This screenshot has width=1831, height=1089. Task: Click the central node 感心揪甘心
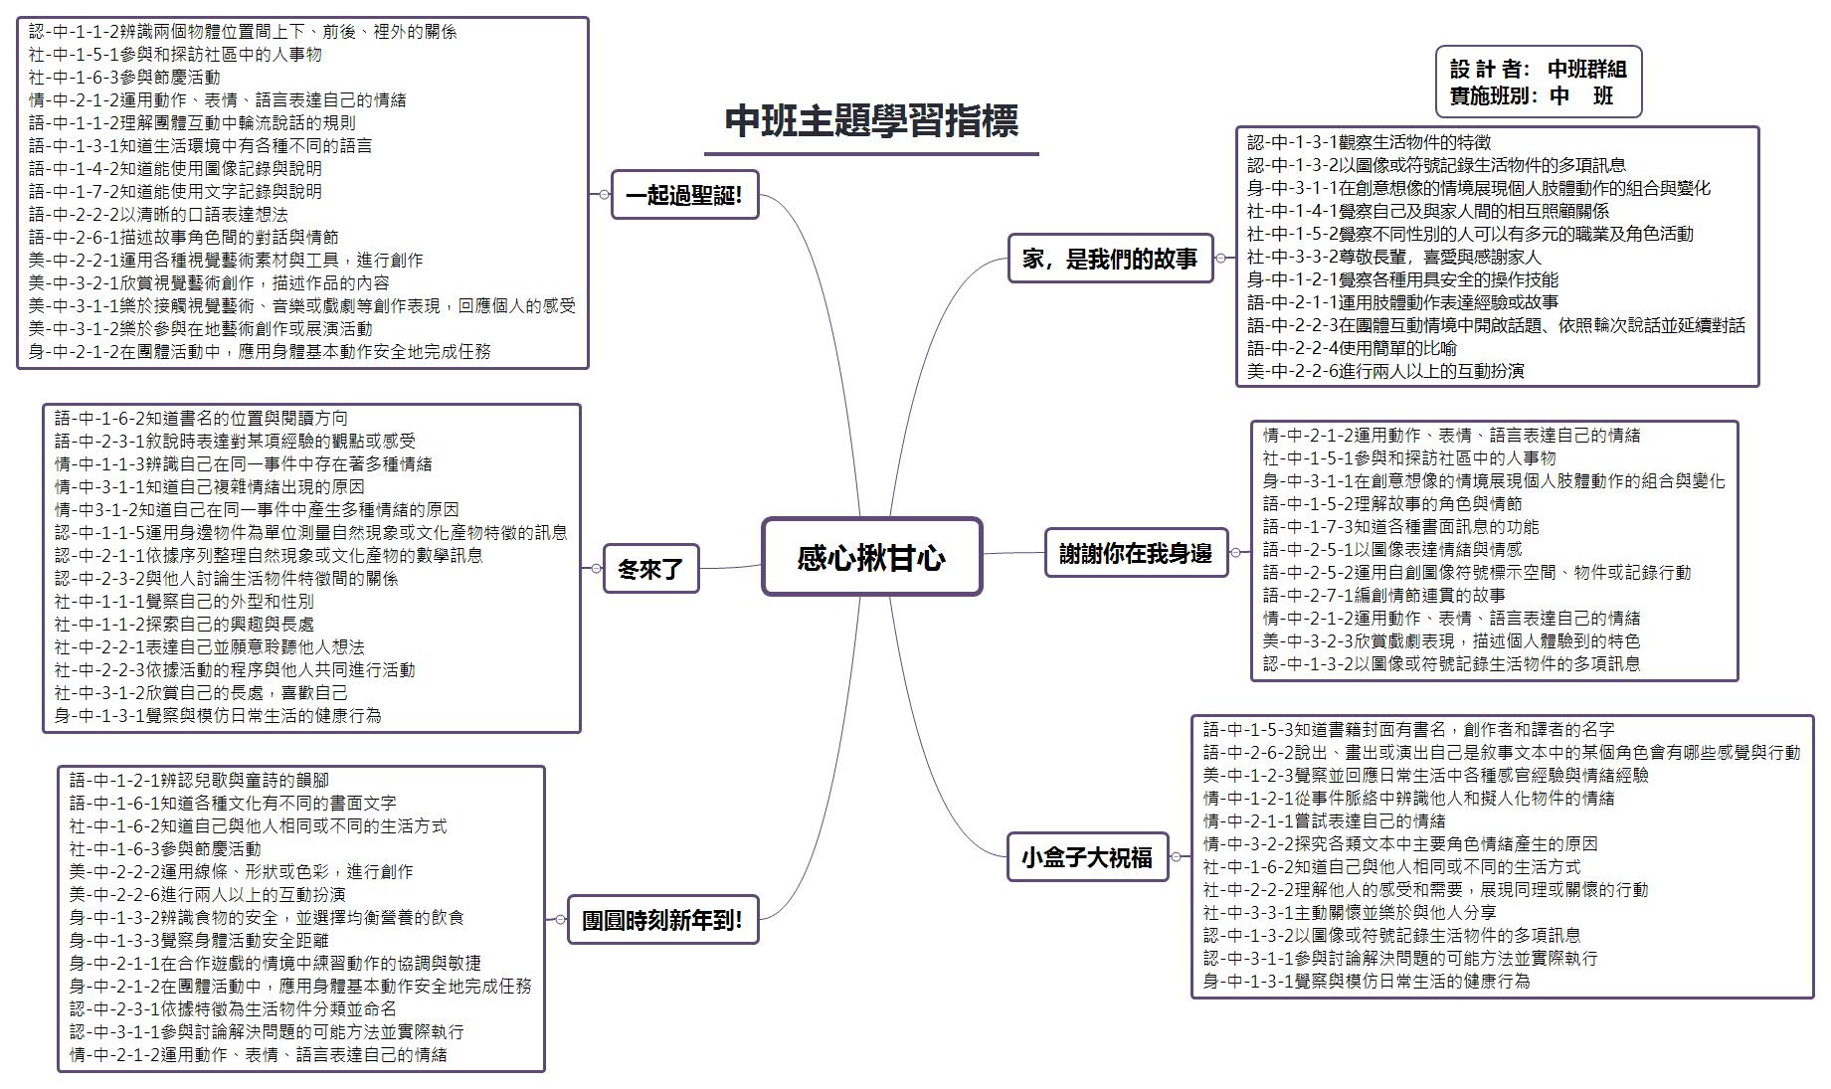point(871,557)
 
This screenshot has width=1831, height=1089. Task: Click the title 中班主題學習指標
point(871,121)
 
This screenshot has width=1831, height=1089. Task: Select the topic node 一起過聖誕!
point(684,195)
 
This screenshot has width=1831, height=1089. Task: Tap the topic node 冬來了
point(650,569)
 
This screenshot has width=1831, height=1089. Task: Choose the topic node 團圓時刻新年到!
point(662,919)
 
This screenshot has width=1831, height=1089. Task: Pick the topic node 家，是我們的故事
point(1110,260)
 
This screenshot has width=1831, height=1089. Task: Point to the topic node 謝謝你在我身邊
point(1135,553)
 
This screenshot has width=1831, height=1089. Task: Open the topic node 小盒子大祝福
point(1087,856)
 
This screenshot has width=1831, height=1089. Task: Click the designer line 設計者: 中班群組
point(1538,69)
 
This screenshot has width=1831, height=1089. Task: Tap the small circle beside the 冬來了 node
point(596,569)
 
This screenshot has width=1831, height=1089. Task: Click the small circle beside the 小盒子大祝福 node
point(1177,856)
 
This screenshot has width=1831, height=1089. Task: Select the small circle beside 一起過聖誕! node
point(604,195)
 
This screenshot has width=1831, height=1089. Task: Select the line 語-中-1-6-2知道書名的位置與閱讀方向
point(201,419)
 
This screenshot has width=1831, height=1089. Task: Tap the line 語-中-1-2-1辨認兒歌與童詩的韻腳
point(199,781)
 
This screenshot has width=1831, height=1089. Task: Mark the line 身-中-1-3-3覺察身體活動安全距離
point(199,941)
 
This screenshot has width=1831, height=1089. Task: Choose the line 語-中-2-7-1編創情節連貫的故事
point(1383,596)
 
